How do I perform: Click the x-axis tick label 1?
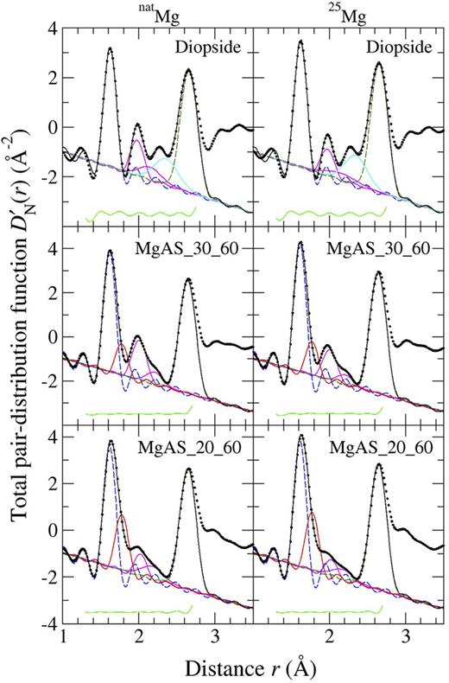click(x=64, y=639)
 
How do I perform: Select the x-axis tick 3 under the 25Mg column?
click(x=406, y=639)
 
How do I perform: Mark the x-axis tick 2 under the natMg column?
click(x=140, y=639)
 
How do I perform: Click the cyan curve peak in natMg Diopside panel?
click(x=164, y=158)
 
